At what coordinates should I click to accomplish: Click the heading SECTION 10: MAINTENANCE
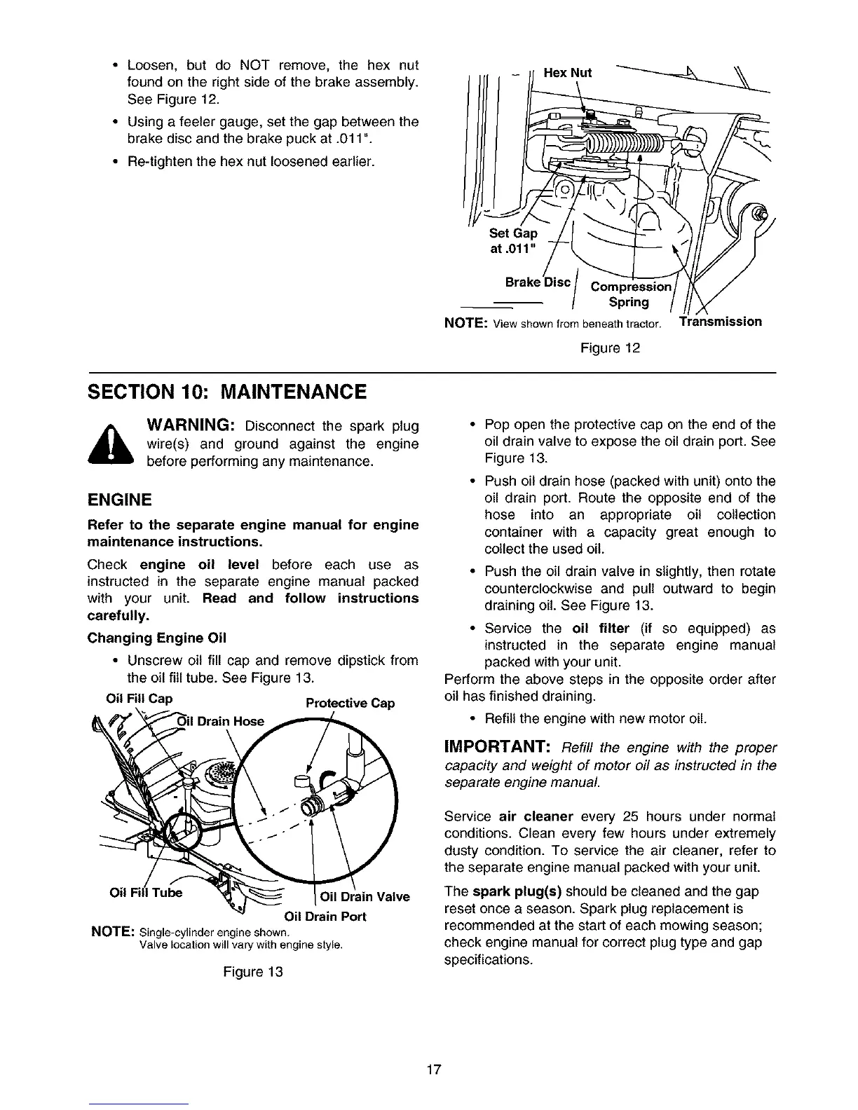pos(226,392)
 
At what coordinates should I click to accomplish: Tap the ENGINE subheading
pos(119,500)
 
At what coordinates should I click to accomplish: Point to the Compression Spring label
pos(630,294)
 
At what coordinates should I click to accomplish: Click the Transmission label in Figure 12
pos(721,322)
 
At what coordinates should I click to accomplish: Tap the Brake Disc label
pos(538,282)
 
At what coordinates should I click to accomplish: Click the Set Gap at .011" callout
pos(513,240)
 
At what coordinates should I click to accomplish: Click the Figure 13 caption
pos(253,973)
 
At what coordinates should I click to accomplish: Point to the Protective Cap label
pos(350,703)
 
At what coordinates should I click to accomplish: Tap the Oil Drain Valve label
pos(365,896)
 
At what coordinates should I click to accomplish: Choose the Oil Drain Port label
pos(325,917)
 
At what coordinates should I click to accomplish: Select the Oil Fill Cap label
pos(138,699)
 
